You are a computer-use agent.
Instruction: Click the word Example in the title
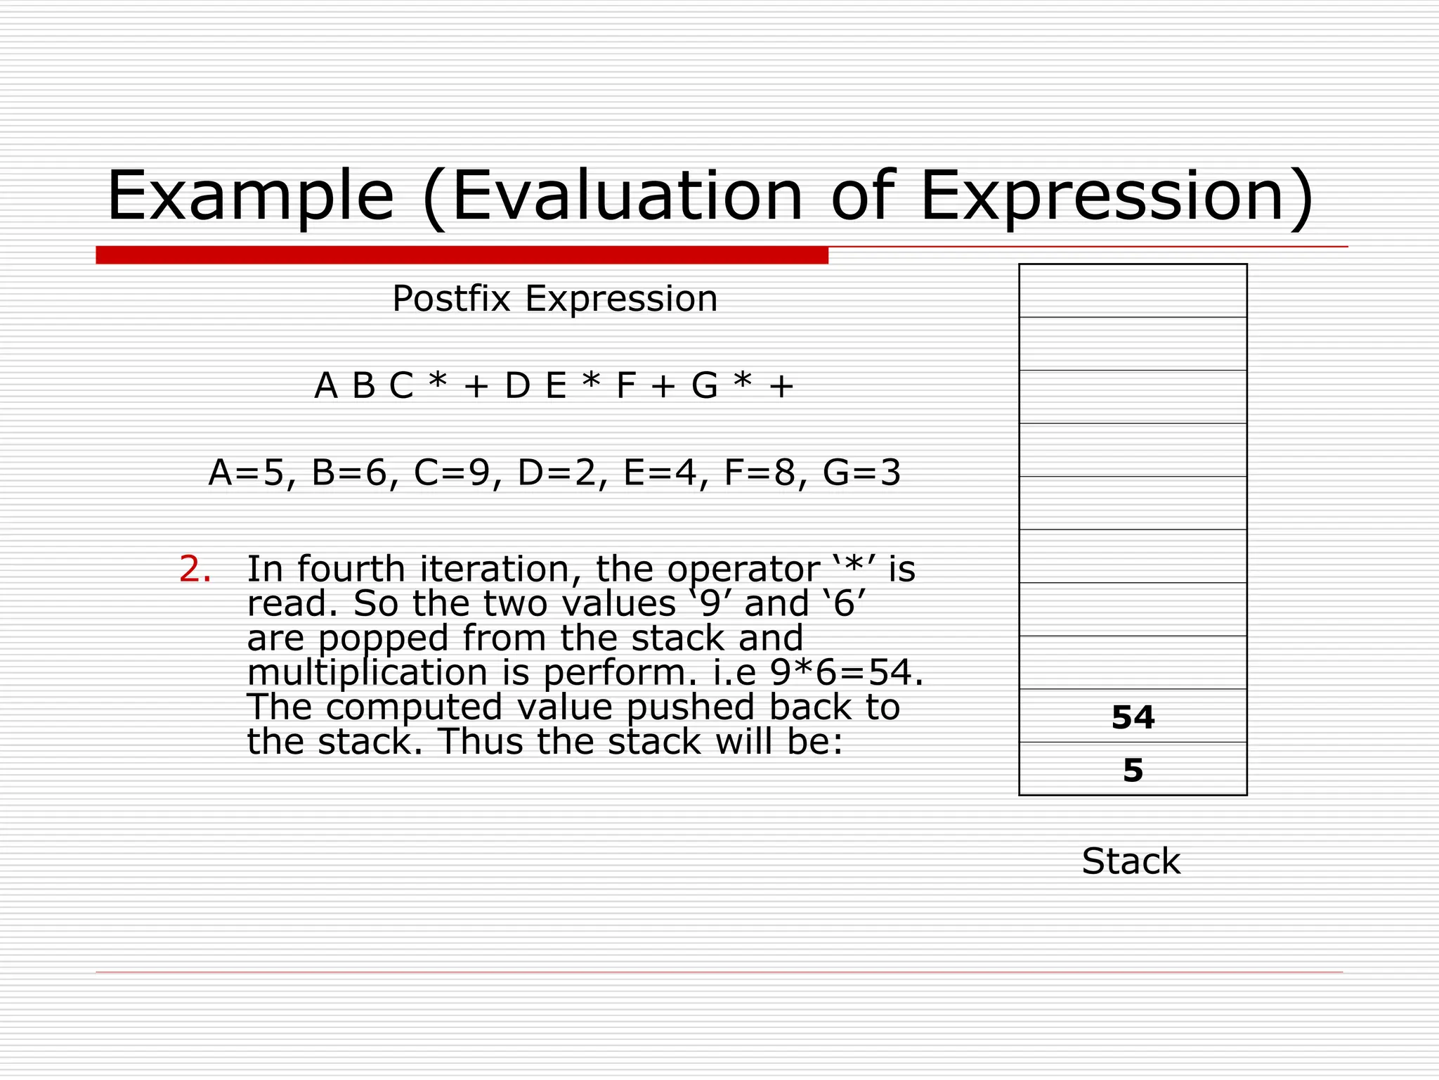(250, 197)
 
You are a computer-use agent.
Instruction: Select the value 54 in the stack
(1133, 717)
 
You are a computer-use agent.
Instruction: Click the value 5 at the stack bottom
(1133, 771)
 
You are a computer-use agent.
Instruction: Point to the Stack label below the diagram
(1131, 861)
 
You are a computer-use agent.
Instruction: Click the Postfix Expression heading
(554, 299)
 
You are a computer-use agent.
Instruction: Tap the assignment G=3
(861, 472)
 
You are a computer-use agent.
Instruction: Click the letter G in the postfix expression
(705, 386)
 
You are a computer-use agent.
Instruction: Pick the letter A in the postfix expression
(326, 386)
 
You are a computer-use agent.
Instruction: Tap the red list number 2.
(195, 570)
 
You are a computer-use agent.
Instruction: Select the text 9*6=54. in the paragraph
(847, 673)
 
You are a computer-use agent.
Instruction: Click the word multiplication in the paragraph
(367, 673)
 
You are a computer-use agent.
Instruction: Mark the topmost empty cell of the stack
(1133, 290)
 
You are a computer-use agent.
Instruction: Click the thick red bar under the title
(462, 255)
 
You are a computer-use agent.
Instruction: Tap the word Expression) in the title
(1116, 197)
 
